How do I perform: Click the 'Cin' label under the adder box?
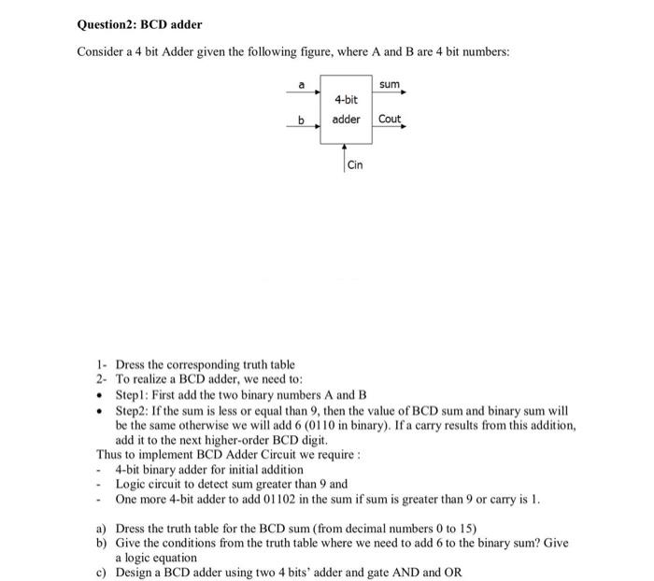(x=355, y=165)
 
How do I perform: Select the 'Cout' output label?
(x=390, y=119)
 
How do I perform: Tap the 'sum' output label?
(x=390, y=85)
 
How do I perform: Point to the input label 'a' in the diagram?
(x=300, y=85)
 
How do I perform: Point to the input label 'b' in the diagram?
(x=300, y=119)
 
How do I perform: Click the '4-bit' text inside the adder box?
(x=346, y=98)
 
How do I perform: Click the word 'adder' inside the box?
(x=347, y=119)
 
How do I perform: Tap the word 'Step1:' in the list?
(x=133, y=395)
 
